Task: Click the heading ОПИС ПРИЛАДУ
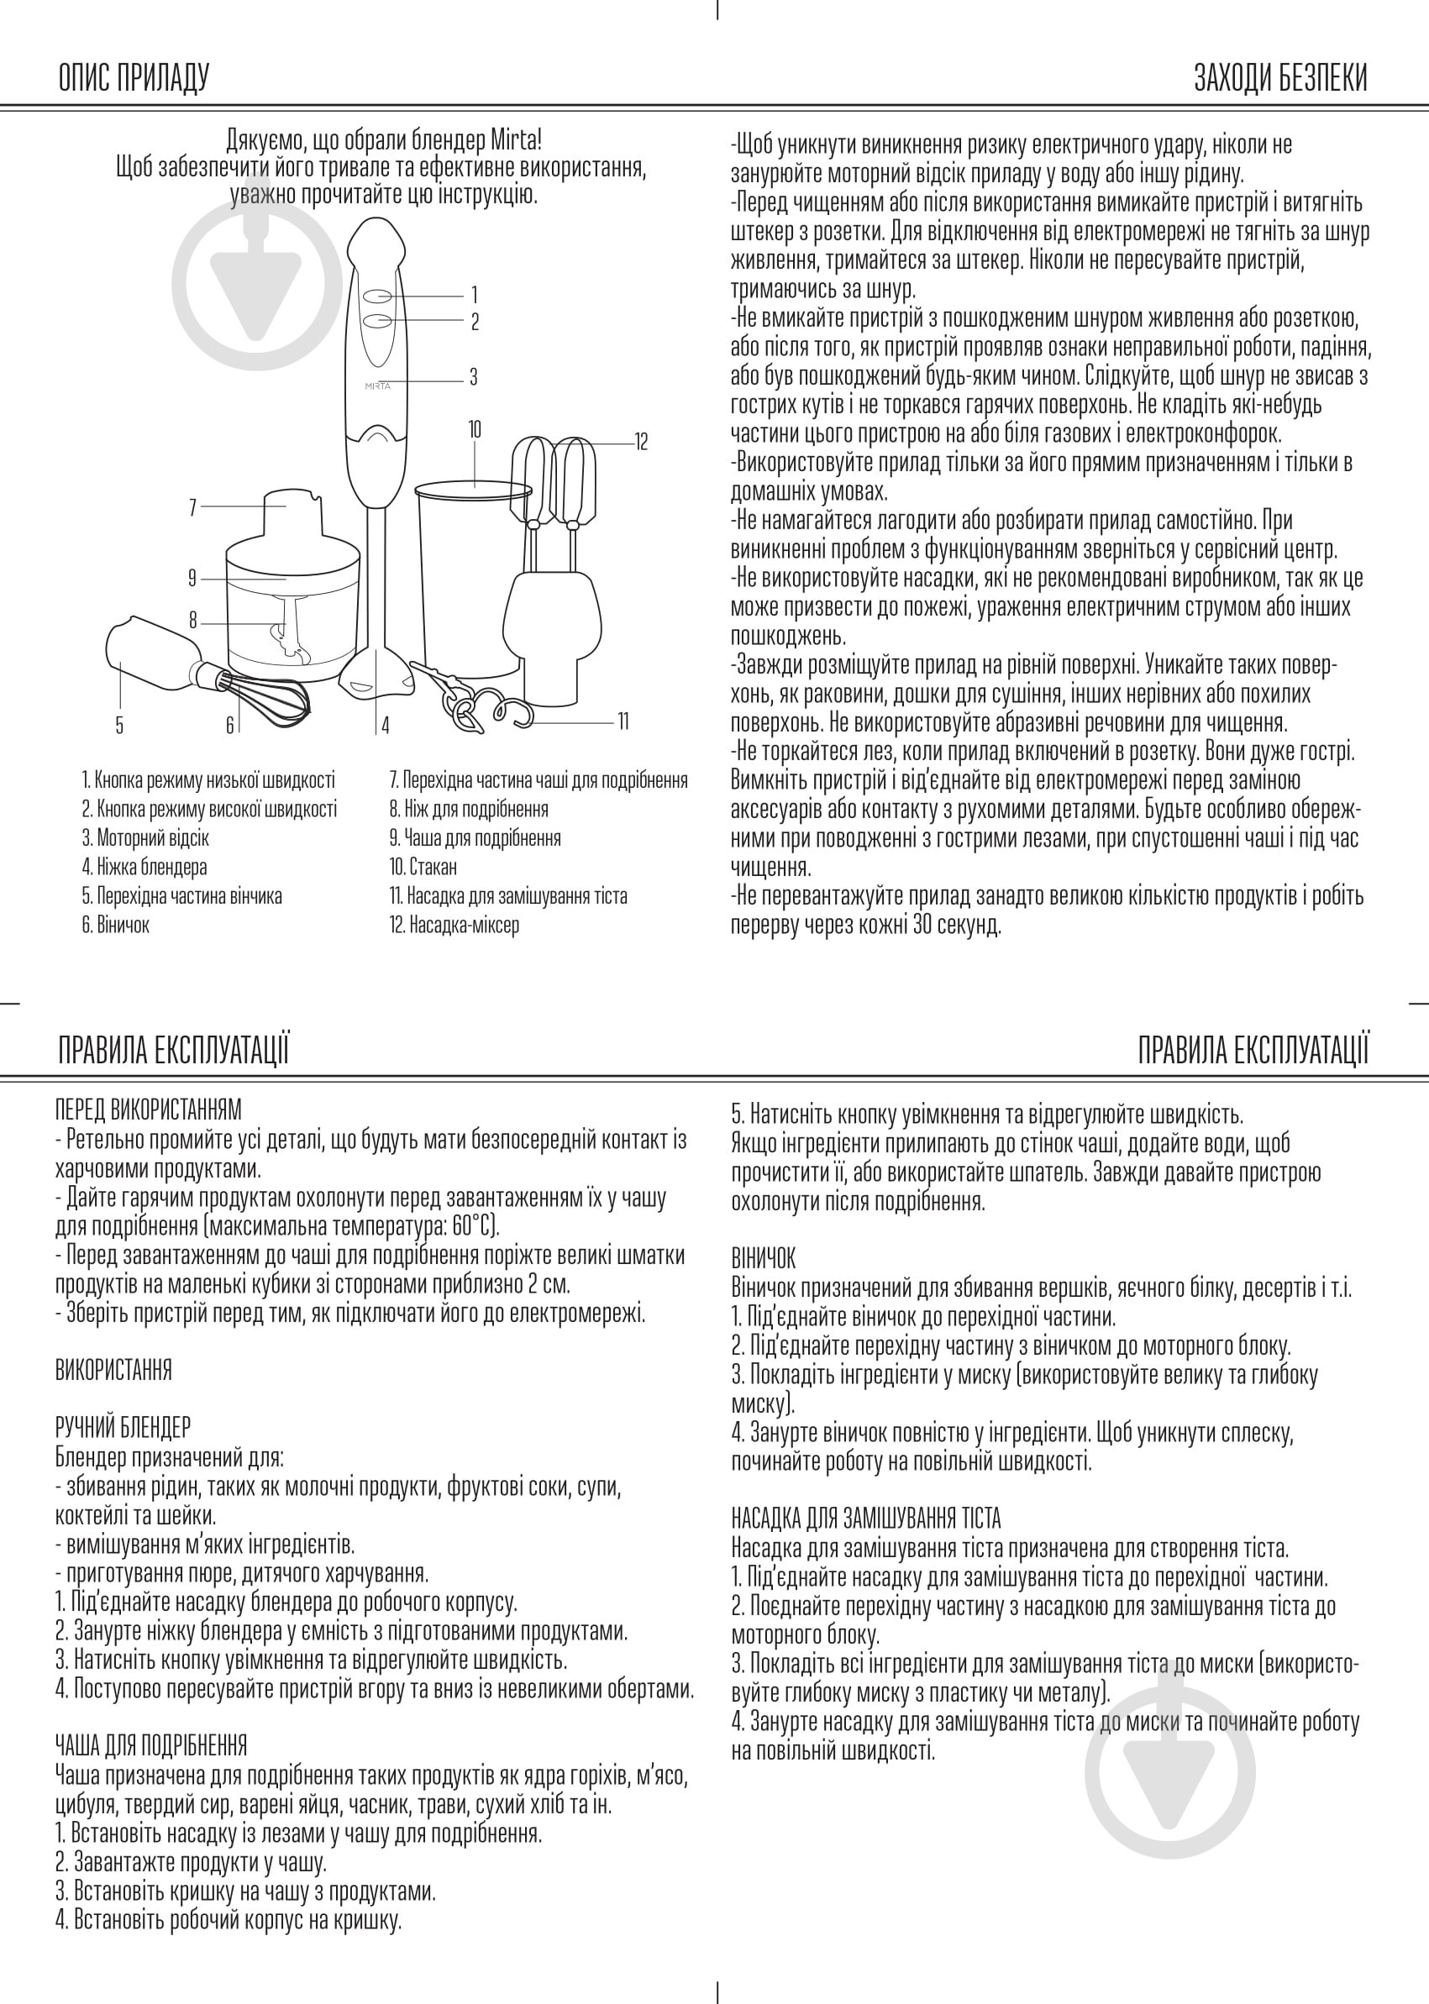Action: click(x=134, y=78)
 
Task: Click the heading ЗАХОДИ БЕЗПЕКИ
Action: click(x=1280, y=78)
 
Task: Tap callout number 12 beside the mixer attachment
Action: click(x=642, y=442)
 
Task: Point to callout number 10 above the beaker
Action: click(x=475, y=429)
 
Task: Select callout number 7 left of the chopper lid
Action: click(x=192, y=507)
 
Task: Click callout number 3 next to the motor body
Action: click(x=474, y=377)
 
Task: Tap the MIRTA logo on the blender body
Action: click(x=377, y=386)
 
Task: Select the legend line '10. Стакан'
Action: click(x=423, y=868)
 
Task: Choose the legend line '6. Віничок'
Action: click(x=115, y=926)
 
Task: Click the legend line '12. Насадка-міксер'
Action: click(x=454, y=926)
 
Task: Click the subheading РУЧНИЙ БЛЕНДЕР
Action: click(x=123, y=1427)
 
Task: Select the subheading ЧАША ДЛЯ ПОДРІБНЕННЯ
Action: click(x=150, y=1745)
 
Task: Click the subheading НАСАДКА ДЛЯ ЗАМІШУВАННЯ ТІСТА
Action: click(x=866, y=1519)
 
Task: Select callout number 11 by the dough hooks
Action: click(x=623, y=721)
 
